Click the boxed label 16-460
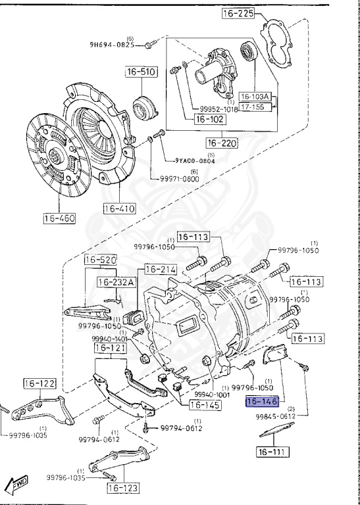60,218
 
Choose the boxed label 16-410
119,210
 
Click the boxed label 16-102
210,120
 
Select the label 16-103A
259,96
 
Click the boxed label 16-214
161,269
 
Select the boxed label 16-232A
117,282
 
